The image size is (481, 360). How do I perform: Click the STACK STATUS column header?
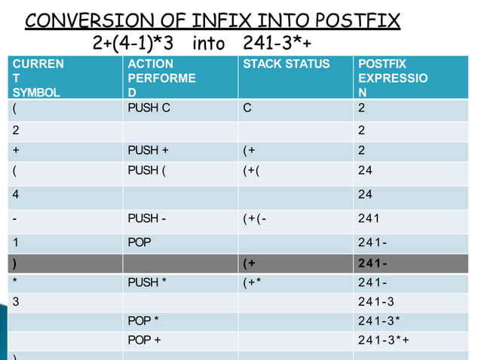[x=286, y=65]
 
